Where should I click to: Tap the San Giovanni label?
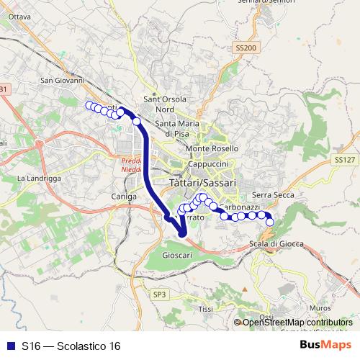(63, 81)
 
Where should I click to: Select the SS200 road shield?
(246, 47)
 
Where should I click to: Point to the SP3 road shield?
(159, 294)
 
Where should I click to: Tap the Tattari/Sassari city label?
(202, 184)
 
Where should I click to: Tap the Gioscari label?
(177, 255)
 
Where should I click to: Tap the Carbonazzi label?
(238, 207)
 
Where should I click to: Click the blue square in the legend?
(8, 346)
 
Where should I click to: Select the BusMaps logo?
(325, 346)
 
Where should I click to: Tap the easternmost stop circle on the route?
(270, 222)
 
